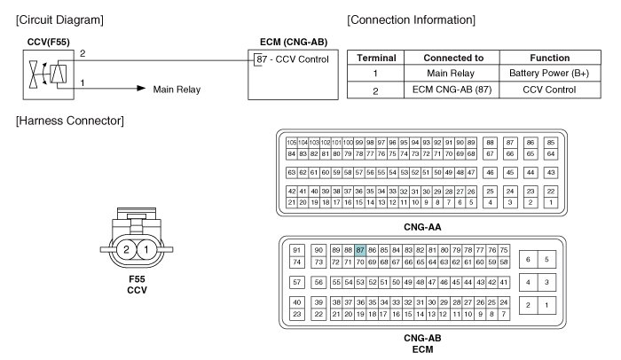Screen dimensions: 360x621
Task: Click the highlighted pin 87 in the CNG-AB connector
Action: [x=360, y=250]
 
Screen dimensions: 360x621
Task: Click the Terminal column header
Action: [x=376, y=58]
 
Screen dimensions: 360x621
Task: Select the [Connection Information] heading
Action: [x=411, y=19]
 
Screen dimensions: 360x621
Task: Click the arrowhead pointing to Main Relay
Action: [x=139, y=89]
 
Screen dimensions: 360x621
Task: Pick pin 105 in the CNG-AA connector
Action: [x=290, y=143]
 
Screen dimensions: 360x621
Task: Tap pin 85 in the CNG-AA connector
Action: [x=551, y=143]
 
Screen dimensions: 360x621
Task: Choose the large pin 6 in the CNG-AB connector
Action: [x=529, y=260]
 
